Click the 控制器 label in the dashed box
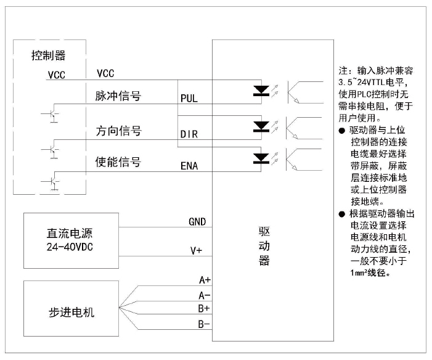49,55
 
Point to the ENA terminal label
189,166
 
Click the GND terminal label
197,222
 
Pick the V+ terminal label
196,251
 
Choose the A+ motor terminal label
205,279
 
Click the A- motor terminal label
205,295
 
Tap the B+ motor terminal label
205,308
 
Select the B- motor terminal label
205,324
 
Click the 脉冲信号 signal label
118,96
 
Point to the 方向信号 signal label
118,131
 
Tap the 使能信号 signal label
118,162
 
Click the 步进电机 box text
71,311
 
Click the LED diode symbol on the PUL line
261,91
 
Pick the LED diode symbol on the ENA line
261,158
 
